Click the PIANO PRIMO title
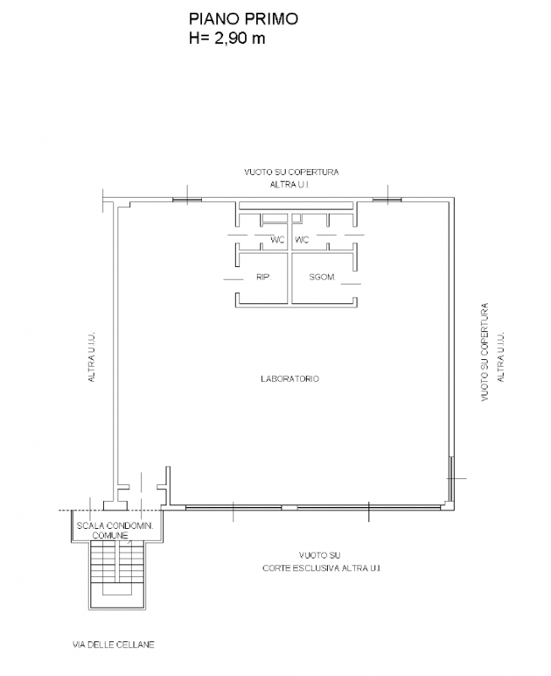(x=243, y=19)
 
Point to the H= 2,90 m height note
(x=226, y=38)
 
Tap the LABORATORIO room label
(x=290, y=379)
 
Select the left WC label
(x=278, y=240)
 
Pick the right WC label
(x=302, y=240)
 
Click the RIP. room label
(x=264, y=277)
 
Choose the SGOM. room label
(x=323, y=277)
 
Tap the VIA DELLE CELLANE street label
(x=113, y=645)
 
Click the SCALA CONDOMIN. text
(x=115, y=526)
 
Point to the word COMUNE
(x=111, y=536)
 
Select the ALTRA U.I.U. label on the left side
(x=91, y=357)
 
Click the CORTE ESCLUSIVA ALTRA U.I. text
(x=322, y=568)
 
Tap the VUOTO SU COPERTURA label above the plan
(x=292, y=172)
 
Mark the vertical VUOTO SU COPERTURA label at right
(x=485, y=352)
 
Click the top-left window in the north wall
(x=187, y=199)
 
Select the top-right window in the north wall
(x=387, y=199)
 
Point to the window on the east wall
(x=450, y=479)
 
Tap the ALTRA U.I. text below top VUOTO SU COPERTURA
(x=290, y=184)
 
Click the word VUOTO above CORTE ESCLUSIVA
(x=319, y=555)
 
